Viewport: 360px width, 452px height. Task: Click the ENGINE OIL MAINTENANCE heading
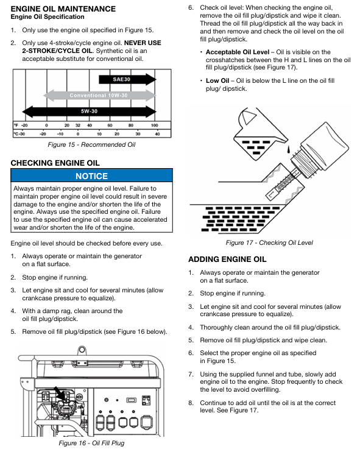point(63,9)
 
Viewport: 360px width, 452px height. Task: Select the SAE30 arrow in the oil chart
point(127,79)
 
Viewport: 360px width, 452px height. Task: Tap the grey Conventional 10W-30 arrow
point(99,95)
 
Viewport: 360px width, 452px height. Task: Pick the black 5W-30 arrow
point(89,111)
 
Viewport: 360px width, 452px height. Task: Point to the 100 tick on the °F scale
point(155,125)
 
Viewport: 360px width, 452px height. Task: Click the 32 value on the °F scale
point(78,125)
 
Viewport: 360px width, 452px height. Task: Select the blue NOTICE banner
point(91,175)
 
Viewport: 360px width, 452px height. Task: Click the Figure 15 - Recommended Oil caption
point(91,144)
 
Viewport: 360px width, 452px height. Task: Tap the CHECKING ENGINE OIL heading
point(55,163)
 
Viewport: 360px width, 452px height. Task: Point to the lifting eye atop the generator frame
point(82,350)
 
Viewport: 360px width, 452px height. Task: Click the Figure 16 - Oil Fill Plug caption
point(91,443)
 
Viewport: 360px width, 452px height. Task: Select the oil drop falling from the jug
point(288,149)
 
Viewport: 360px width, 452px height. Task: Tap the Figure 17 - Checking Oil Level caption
point(269,242)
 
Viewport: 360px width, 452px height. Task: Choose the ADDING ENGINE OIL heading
point(227,260)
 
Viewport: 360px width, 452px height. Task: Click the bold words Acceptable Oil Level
point(238,52)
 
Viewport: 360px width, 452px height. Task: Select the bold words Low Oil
point(217,80)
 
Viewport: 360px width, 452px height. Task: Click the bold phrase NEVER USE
point(143,43)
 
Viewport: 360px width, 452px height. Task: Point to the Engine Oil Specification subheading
point(48,16)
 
